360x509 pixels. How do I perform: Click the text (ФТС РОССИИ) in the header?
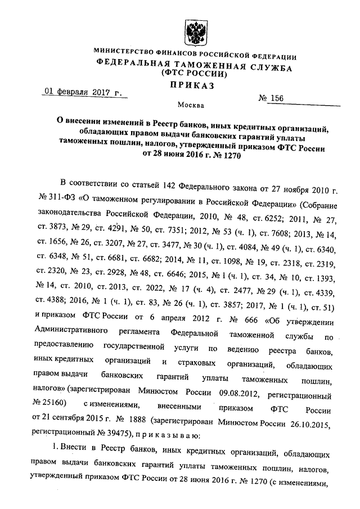pos(194,74)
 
